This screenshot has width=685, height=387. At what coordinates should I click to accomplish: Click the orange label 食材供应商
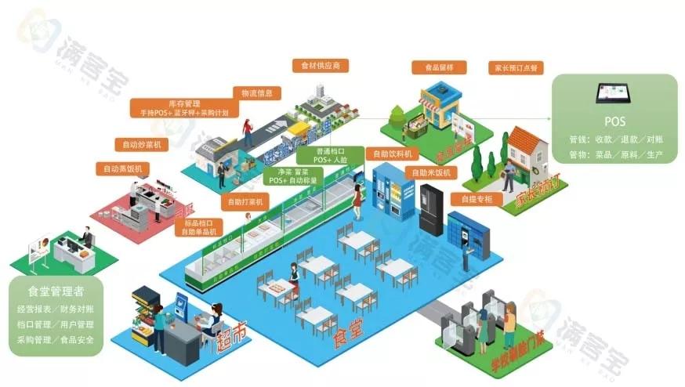tap(320, 66)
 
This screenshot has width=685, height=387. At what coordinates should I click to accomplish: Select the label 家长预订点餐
tap(515, 67)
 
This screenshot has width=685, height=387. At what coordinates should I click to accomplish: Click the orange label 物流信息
tap(256, 93)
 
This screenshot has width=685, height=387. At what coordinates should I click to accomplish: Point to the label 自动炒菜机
tap(142, 144)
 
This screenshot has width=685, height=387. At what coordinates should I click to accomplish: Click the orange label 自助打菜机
tap(245, 201)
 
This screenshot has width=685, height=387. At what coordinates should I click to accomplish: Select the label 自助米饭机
tap(429, 172)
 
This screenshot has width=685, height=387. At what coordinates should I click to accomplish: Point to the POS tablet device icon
tap(615, 95)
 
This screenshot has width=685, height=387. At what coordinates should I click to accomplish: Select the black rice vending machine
tap(432, 209)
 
